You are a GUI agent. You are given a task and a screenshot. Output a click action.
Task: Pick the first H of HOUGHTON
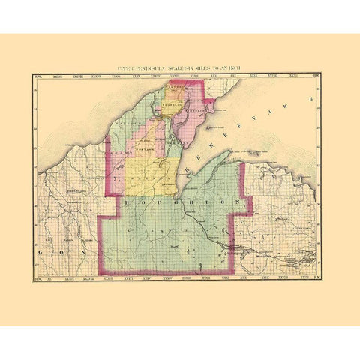tap(127, 202)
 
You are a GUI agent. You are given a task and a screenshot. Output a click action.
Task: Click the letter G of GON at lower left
tap(37, 254)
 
